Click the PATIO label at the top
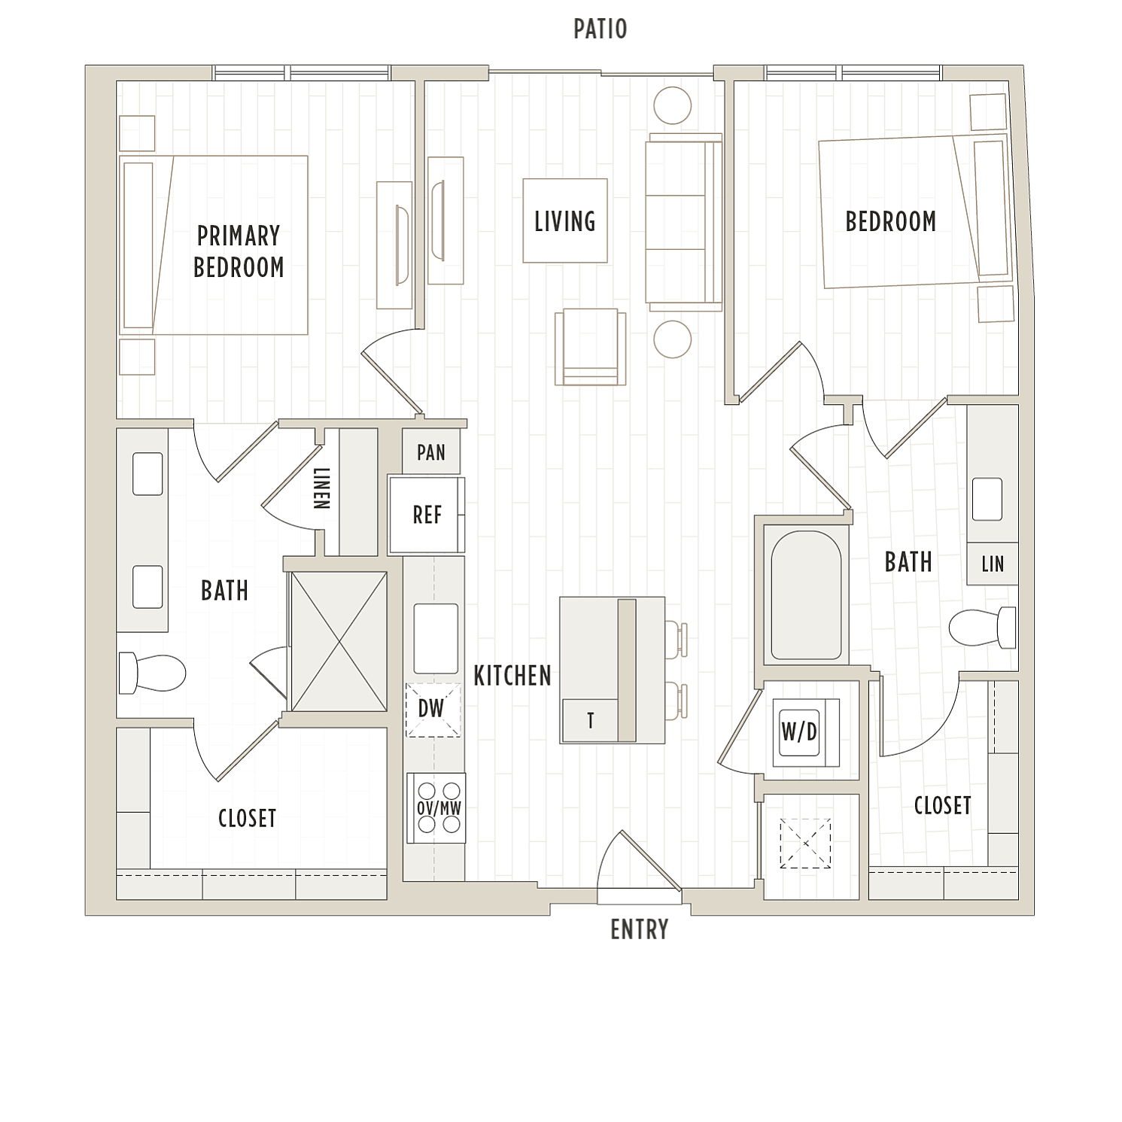point(600,29)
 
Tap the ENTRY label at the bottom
point(639,930)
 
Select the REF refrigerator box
point(427,515)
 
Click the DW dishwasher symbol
point(433,710)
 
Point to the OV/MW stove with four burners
point(436,808)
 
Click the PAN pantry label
point(431,452)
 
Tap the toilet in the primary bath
point(153,673)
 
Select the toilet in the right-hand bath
point(982,627)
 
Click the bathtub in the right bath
point(806,594)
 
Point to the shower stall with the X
point(339,641)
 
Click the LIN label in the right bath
point(993,564)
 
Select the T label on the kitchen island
point(591,721)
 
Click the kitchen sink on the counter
point(436,638)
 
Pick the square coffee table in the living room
point(565,220)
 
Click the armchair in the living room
point(591,347)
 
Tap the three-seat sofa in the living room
point(683,223)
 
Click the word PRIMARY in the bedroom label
point(239,236)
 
